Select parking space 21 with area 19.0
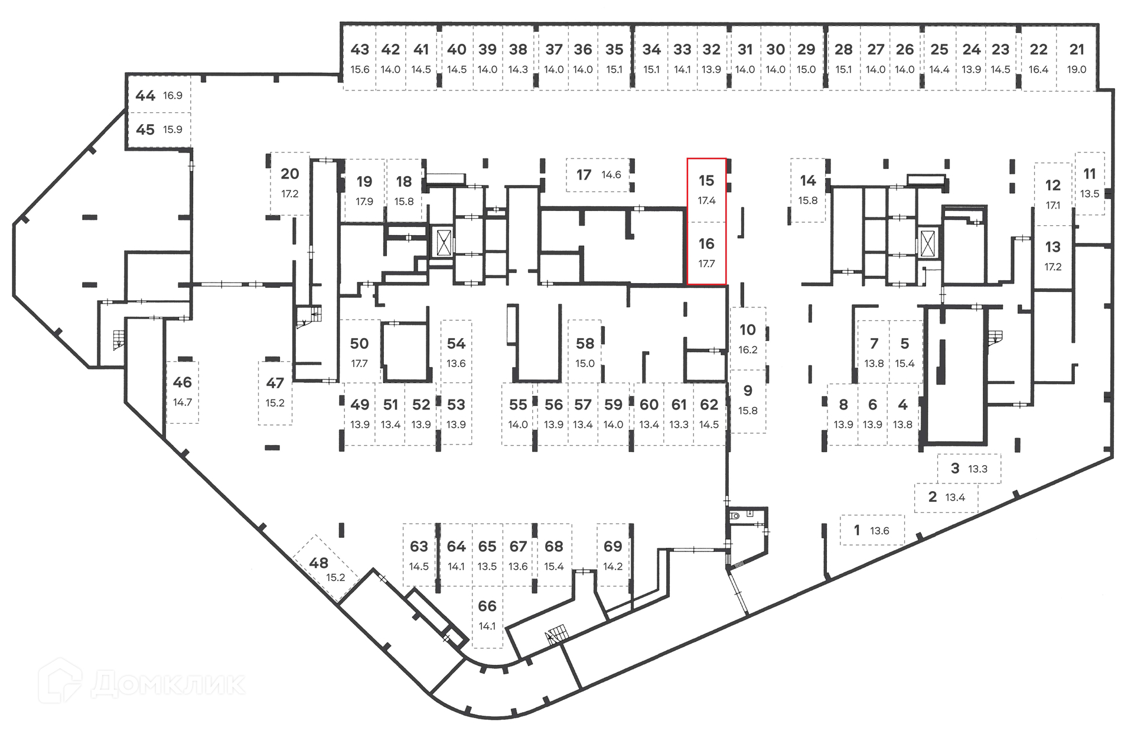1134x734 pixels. pos(1076,58)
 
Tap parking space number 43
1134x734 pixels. pos(360,58)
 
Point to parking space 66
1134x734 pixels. pos(487,615)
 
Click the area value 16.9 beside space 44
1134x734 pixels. pos(172,95)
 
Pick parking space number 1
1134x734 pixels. pos(872,530)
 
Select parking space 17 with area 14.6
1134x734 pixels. pos(598,174)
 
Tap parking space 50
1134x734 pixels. pos(359,352)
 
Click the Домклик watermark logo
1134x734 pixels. pos(142,682)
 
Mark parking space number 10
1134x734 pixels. pos(748,338)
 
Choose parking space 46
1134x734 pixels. pos(183,391)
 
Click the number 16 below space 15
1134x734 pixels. pos(706,243)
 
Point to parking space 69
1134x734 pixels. pos(613,554)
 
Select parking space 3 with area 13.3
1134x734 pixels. pos(969,469)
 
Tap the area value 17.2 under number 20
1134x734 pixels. pos(290,194)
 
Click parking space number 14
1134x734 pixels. pos(808,189)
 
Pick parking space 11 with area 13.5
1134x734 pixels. pos(1090,183)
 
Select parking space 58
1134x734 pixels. pos(585,352)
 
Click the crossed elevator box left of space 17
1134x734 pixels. pos(444,242)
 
